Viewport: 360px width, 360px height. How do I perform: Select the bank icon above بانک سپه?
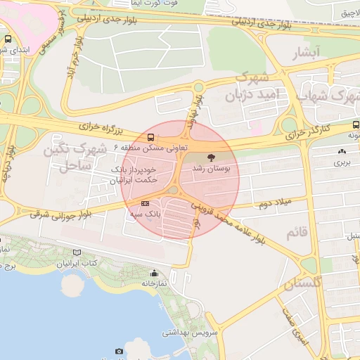pos(146,203)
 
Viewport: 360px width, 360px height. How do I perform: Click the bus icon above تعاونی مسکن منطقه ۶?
pos(150,136)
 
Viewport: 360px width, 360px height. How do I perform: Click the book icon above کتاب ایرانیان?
pos(77,252)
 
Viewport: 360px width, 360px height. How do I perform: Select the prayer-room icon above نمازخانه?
pos(154,273)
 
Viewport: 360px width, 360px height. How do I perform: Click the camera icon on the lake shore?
pos(119,351)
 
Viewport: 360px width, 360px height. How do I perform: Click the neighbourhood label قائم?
pos(297,232)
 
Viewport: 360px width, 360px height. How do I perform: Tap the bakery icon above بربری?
pos(342,150)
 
